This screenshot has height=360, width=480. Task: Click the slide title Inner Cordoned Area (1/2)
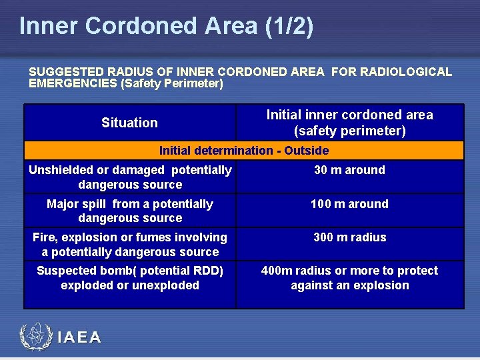166,26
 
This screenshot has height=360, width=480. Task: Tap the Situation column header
129,123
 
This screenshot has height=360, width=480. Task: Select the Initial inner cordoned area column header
349,123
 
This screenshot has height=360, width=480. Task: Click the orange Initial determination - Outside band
243,151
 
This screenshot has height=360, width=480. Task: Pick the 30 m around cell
349,170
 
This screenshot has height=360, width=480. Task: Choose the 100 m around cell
349,204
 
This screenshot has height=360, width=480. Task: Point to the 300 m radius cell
349,237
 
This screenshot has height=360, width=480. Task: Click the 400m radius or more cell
349,278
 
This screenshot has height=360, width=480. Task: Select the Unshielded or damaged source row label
130,177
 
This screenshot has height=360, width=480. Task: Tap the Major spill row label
130,211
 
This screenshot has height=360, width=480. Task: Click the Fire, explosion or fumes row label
130,245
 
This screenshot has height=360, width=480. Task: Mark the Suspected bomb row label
130,278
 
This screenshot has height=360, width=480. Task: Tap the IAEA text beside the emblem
79,338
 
